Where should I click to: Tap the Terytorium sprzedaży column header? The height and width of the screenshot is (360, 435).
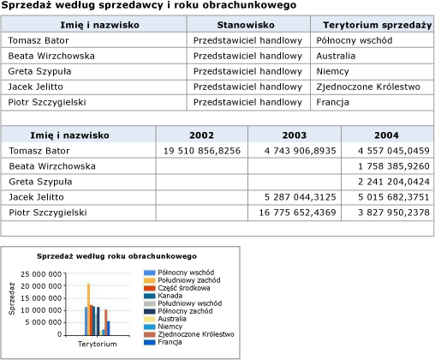pos(372,25)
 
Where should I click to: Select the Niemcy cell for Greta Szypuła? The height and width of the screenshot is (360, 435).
pos(332,71)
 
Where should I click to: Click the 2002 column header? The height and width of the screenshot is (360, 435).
pos(201,135)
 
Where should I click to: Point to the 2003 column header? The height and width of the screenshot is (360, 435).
pos(294,135)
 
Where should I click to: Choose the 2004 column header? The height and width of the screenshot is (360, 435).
pos(387,135)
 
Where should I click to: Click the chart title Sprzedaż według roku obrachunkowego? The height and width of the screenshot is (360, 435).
pos(116,255)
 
